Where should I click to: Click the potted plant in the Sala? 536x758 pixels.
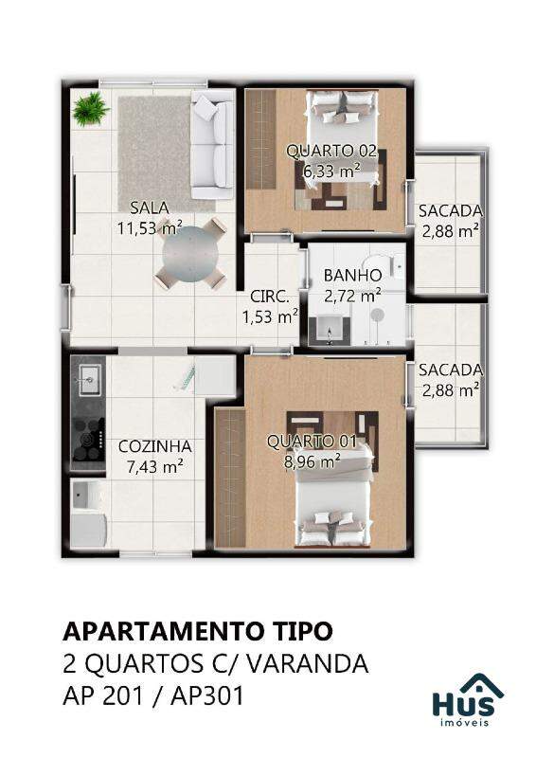[90, 109]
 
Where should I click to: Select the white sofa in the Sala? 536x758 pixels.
[213, 144]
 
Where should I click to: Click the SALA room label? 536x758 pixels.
[150, 208]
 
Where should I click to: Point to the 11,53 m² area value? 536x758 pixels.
[150, 227]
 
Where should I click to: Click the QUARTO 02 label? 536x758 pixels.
[331, 151]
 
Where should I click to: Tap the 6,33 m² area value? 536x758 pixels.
[331, 171]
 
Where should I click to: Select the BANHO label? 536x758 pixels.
[353, 276]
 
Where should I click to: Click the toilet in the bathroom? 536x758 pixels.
[395, 264]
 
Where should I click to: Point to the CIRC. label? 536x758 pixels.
[270, 297]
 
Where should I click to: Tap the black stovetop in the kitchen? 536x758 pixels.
[88, 438]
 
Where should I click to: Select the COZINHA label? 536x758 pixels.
[154, 446]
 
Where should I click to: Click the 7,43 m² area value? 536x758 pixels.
[154, 466]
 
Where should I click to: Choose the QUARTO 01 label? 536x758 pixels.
[312, 442]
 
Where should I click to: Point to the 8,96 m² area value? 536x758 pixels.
[313, 461]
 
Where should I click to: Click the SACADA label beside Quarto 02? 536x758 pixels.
[451, 211]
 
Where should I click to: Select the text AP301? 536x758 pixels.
[207, 696]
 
